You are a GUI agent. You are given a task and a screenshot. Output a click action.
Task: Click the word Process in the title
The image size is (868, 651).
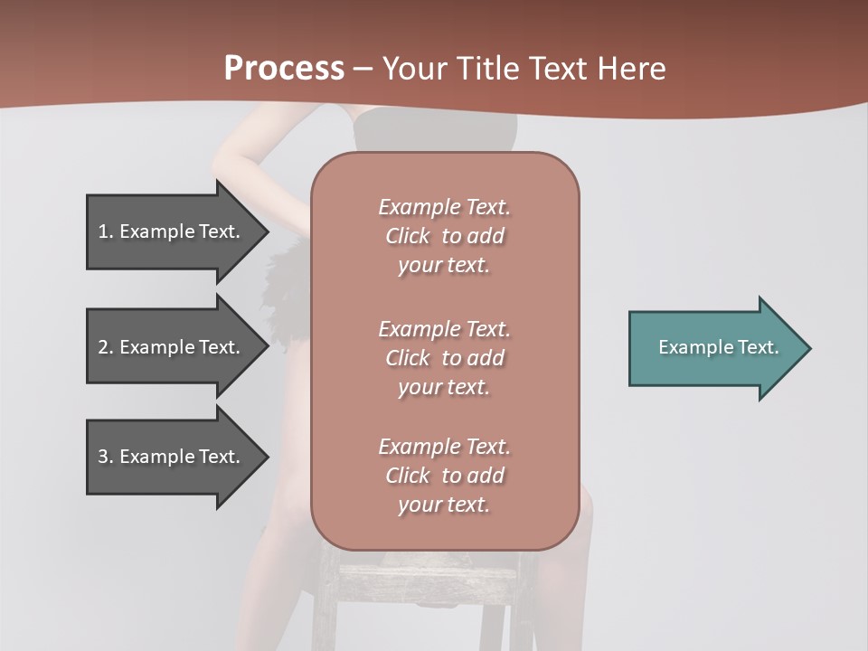(284, 69)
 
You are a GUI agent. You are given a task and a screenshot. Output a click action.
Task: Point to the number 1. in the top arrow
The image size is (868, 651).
(106, 231)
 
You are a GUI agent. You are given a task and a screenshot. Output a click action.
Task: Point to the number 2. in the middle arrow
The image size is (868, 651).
(106, 347)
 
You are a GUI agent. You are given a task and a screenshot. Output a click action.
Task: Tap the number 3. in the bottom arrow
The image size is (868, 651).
(106, 457)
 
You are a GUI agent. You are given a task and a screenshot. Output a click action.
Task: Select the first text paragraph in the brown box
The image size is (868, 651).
(444, 236)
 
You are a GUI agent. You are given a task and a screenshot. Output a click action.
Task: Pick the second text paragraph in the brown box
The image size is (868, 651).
(444, 357)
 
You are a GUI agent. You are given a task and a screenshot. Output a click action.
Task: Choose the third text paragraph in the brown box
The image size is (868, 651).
(444, 475)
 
